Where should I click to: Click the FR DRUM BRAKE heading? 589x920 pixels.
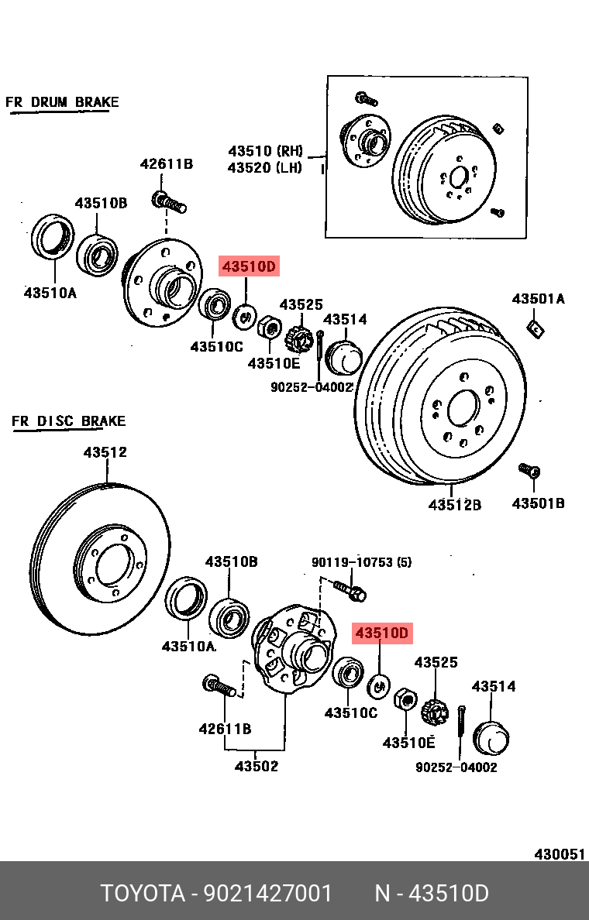click(x=62, y=102)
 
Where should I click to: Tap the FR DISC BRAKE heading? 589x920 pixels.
click(x=69, y=421)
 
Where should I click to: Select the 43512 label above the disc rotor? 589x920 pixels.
click(x=105, y=452)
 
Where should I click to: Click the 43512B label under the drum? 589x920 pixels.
click(x=454, y=505)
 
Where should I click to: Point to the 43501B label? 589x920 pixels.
click(x=538, y=503)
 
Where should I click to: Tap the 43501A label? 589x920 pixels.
click(x=538, y=299)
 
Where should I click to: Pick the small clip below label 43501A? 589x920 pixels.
click(x=536, y=329)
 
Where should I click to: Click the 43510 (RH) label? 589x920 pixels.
click(x=265, y=151)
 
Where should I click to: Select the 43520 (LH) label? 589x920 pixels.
click(x=265, y=168)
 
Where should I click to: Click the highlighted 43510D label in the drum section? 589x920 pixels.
click(x=249, y=266)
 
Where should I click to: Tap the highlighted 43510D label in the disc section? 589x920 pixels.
click(x=382, y=633)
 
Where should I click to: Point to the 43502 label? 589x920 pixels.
click(x=256, y=766)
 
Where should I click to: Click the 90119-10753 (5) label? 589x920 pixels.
click(x=362, y=562)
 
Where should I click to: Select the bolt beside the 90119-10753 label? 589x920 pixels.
click(x=350, y=589)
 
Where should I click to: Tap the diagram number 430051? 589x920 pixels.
click(x=560, y=854)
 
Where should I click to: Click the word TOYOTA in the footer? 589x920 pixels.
click(x=143, y=894)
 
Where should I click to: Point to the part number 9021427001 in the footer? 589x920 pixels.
click(x=268, y=894)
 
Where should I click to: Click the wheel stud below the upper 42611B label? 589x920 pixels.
click(x=169, y=201)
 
